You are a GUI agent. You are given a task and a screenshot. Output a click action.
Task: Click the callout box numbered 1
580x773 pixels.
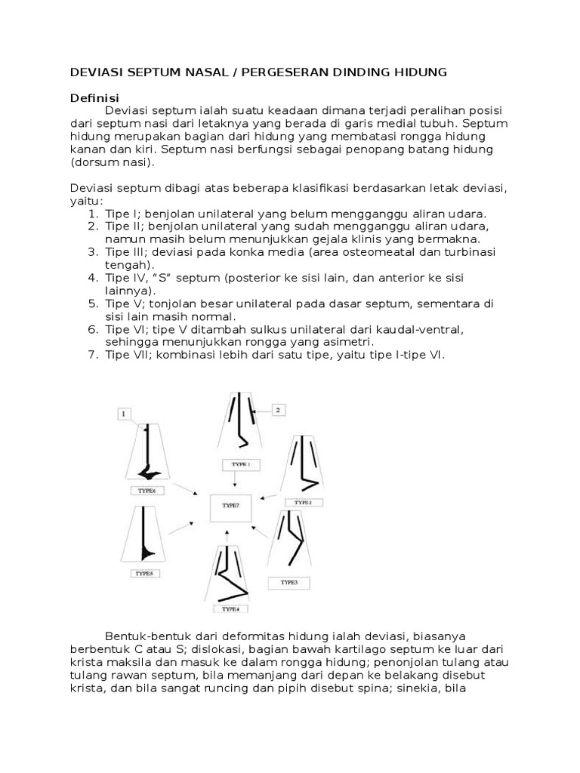point(125,413)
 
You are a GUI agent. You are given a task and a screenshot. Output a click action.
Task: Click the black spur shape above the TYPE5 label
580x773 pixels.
point(146,554)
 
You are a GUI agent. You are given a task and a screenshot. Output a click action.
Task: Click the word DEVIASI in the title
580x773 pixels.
point(94,72)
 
